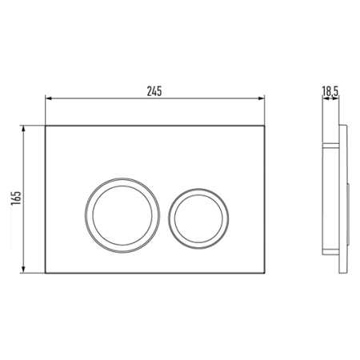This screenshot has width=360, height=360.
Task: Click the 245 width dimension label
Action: coord(154,91)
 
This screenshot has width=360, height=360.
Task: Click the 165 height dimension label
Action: coord(16,198)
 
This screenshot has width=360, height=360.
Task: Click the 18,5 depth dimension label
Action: coord(330,91)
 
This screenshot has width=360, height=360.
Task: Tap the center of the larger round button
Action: coord(122,215)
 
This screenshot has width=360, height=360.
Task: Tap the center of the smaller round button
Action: coord(198,218)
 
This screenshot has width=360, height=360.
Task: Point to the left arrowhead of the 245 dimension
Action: coord(48,98)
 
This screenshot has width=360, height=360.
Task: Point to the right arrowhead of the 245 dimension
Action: coord(262,98)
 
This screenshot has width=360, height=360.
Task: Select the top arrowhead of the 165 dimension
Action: coord(23,129)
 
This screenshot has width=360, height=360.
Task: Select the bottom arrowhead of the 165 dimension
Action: coord(23,270)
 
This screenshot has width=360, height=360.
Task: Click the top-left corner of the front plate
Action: coord(46,126)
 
